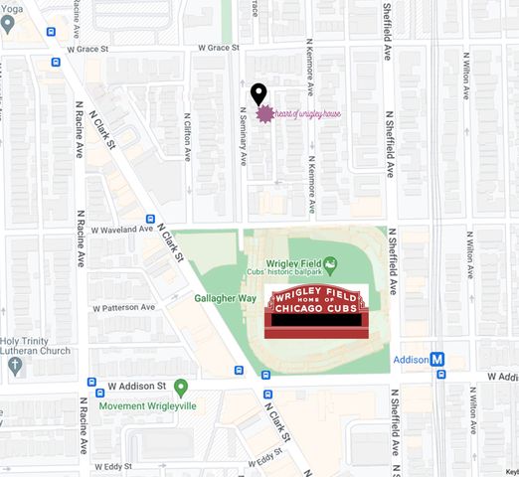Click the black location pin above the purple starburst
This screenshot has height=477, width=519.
pos(259,93)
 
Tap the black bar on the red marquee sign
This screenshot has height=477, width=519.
pos(316,322)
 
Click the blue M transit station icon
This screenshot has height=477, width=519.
pos(437,360)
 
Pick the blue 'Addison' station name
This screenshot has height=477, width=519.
pos(410,360)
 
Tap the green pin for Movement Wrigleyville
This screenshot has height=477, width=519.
pos(180,387)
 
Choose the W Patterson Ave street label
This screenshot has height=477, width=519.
pos(124,308)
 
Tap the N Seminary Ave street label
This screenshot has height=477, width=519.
pos(244,138)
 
